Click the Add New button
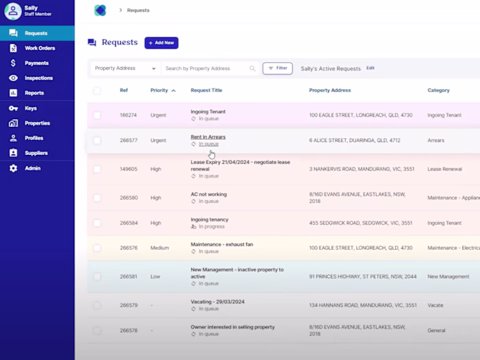pos(161,43)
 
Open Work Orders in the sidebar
pos(40,48)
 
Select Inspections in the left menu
pos(38,78)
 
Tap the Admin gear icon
pos(13,168)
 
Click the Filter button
pos(278,69)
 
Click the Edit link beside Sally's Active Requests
pos(370,68)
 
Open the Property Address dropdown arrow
pos(154,69)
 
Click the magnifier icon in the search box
pos(252,69)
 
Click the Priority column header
pos(159,91)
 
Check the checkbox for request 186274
pos(97,115)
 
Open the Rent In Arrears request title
pos(208,137)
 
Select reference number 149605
pos(129,169)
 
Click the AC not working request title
pos(208,194)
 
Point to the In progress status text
pos(211,226)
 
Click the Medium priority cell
pos(160,248)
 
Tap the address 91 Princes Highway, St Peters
pos(363,276)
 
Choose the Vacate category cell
pos(435,305)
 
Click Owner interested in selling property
pos(232,327)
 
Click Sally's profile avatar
pos(13,12)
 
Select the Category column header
pos(439,91)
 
